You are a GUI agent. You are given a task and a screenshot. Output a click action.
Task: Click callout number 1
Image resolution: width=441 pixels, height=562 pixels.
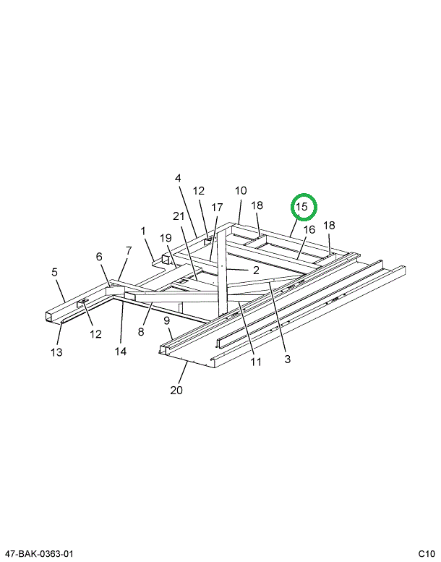143,231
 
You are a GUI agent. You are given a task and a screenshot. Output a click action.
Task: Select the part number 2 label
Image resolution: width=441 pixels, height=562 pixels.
255,270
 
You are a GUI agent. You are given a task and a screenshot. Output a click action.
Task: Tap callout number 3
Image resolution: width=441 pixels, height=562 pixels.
287,359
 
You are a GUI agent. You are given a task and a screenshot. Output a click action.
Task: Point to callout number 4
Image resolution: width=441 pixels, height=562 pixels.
178,178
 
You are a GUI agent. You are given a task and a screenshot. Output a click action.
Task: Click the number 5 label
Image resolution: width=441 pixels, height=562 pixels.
54,273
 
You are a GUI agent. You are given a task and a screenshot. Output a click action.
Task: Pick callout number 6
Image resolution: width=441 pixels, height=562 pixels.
99,257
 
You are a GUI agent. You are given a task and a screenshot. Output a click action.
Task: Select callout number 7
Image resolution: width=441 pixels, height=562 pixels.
129,251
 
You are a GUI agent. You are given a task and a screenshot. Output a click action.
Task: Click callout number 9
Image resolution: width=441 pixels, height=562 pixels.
166,320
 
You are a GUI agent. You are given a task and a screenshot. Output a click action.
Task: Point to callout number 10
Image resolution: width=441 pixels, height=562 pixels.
241,191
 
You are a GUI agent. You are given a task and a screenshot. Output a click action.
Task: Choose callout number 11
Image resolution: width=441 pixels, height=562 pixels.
256,362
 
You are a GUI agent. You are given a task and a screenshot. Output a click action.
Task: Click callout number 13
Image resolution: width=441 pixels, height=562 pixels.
56,352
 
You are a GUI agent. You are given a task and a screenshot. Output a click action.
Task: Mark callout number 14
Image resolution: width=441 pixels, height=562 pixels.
120,352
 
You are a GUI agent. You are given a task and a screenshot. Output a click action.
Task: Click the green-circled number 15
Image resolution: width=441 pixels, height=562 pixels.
302,207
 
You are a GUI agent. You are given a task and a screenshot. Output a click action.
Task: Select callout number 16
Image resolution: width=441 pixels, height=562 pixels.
309,230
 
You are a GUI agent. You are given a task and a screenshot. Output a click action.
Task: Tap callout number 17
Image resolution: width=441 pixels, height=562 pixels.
217,208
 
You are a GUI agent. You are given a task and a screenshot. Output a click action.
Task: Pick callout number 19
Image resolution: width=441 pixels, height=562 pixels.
165,238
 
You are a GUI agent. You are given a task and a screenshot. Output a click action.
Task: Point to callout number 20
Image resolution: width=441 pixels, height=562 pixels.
176,391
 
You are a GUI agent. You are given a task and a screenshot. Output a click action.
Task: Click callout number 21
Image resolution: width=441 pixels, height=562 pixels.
179,216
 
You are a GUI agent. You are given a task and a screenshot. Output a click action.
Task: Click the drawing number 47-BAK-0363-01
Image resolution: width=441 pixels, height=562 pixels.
37,554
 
